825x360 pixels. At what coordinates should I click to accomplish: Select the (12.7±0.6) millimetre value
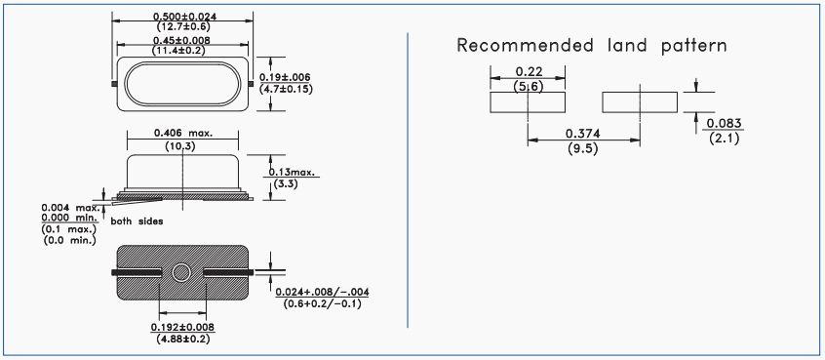(182, 26)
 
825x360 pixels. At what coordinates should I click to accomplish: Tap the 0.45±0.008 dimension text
(181, 41)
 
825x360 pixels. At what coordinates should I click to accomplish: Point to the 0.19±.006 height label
(287, 78)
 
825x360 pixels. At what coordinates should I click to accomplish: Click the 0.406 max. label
(183, 133)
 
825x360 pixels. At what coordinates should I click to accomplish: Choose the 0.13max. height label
(295, 172)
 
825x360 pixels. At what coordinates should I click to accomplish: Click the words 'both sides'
(137, 221)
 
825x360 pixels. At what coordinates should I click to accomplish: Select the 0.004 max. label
(69, 208)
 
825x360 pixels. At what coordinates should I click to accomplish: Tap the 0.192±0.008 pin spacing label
(182, 328)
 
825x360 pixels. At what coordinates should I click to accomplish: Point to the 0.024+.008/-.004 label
(323, 292)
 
